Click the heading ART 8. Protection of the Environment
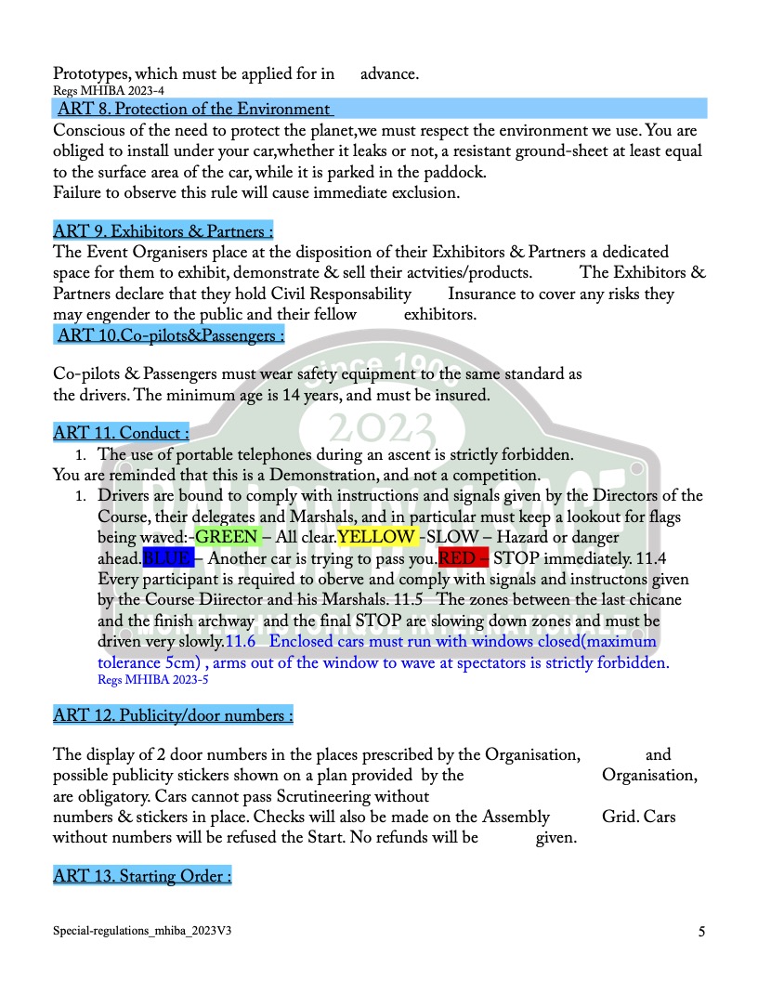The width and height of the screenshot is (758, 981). [193, 110]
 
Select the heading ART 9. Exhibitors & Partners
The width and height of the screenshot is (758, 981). [163, 231]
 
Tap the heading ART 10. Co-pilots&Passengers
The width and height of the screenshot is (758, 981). [170, 335]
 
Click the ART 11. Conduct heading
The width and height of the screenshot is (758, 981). [121, 432]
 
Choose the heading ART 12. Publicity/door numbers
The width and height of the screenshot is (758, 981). [173, 715]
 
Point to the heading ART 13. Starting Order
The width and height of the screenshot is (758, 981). [142, 876]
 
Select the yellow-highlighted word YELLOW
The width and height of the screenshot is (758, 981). [376, 537]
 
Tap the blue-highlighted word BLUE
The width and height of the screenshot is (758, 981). [167, 558]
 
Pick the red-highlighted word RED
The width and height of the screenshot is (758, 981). [456, 558]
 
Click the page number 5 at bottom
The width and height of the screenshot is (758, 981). [701, 930]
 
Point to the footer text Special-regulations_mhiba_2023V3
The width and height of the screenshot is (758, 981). [141, 929]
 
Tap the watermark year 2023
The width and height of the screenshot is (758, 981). [382, 428]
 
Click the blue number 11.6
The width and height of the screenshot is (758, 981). [241, 642]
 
